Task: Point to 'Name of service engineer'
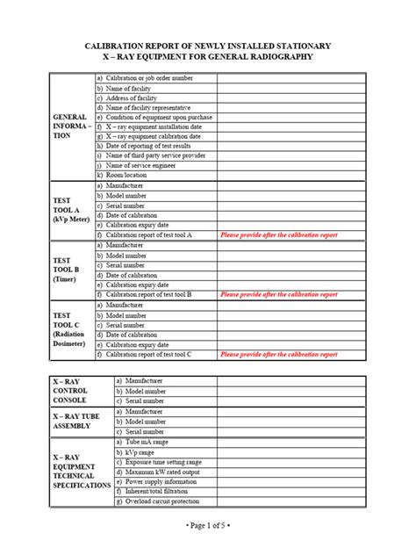(x=141, y=165)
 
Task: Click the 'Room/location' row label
(x=126, y=175)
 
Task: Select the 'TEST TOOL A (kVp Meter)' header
(x=71, y=210)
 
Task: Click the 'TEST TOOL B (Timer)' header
(x=65, y=269)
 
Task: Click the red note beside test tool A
(x=278, y=235)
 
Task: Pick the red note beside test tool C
(x=278, y=354)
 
